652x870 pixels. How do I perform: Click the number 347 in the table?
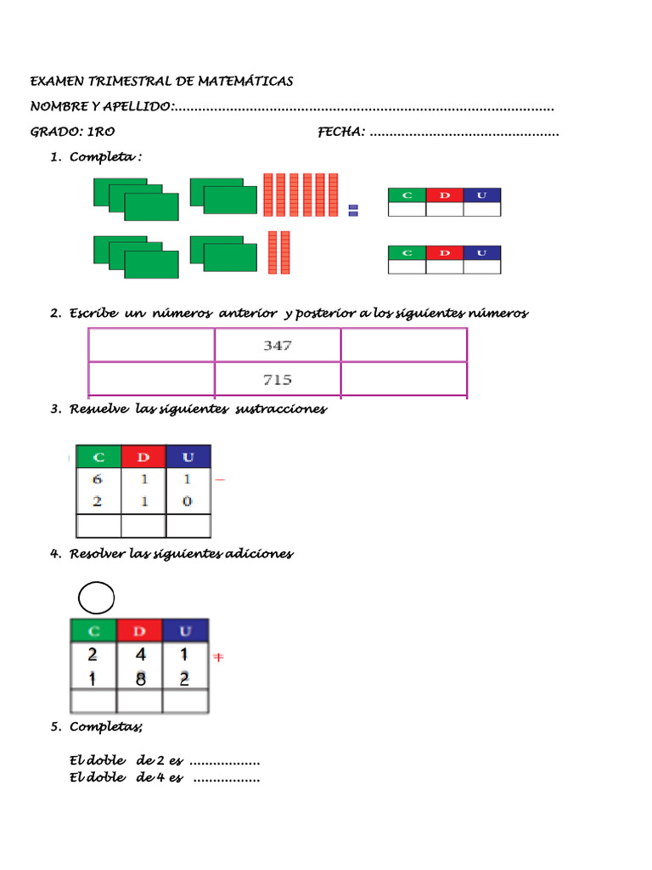pos(278,346)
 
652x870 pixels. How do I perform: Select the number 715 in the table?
pos(278,379)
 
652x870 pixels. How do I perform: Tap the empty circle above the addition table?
pos(96,599)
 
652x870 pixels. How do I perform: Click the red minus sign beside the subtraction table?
pos(220,480)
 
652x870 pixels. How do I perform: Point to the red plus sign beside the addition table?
pos(218,658)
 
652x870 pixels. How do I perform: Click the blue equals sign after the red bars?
pos(353,210)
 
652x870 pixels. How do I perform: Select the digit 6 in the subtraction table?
pos(98,480)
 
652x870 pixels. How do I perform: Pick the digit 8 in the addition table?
pos(139,678)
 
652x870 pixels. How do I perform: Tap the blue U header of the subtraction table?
pos(188,457)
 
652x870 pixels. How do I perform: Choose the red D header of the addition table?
pos(139,631)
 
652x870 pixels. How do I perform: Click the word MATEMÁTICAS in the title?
pos(245,82)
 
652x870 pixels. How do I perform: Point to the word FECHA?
pos(341,132)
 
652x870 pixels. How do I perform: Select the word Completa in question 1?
pos(103,157)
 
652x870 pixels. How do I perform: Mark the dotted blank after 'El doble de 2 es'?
pos(224,760)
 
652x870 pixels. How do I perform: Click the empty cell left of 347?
pos(151,346)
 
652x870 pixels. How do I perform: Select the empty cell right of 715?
pos(403,379)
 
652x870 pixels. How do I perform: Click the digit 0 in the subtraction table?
pos(188,501)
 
